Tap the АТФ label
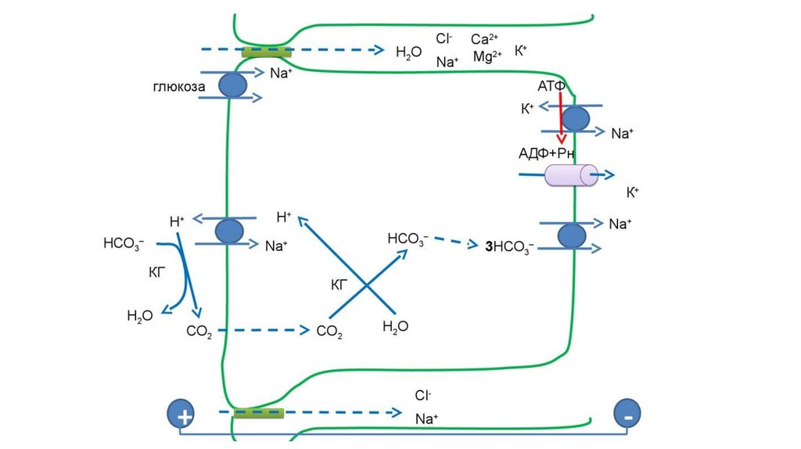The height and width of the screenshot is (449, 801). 551,85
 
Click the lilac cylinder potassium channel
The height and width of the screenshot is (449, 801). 571,176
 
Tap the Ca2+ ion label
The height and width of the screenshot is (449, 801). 484,39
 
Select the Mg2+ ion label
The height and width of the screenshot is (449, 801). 487,56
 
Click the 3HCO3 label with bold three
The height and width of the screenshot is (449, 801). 509,247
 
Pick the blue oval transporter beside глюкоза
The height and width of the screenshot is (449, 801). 232,85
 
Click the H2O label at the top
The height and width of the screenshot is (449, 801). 408,52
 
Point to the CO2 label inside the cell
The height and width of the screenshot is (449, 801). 329,332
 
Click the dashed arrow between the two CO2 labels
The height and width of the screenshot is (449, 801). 262,330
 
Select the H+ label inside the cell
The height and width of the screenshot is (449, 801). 284,217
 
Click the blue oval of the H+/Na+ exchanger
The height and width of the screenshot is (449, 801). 229,231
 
